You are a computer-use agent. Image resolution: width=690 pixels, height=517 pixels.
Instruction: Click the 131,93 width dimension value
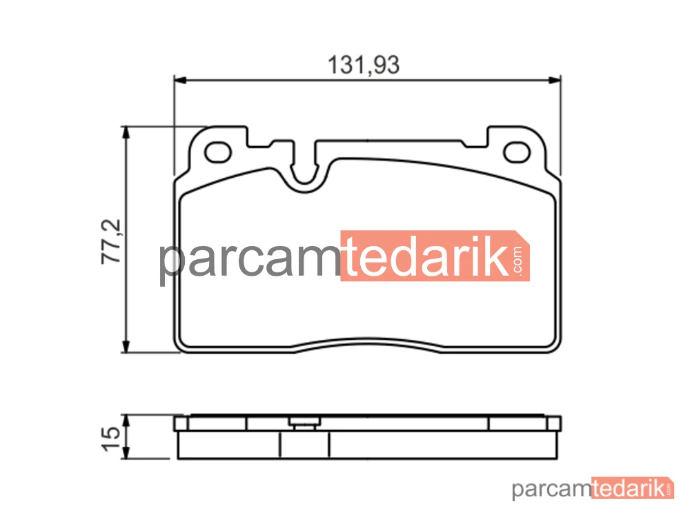[364, 65]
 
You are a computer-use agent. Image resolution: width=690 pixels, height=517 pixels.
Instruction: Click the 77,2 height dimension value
[111, 241]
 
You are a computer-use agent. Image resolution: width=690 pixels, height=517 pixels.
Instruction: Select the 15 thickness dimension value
[110, 438]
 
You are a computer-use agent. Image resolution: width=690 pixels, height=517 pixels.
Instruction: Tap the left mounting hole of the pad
[218, 152]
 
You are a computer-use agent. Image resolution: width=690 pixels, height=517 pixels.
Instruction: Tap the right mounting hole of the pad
[517, 152]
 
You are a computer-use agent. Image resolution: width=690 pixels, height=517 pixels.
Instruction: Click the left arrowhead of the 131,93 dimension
[180, 80]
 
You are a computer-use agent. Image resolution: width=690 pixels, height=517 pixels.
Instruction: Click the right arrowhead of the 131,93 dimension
[555, 80]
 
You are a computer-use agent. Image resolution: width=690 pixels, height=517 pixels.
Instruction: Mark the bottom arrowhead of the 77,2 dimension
[126, 345]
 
